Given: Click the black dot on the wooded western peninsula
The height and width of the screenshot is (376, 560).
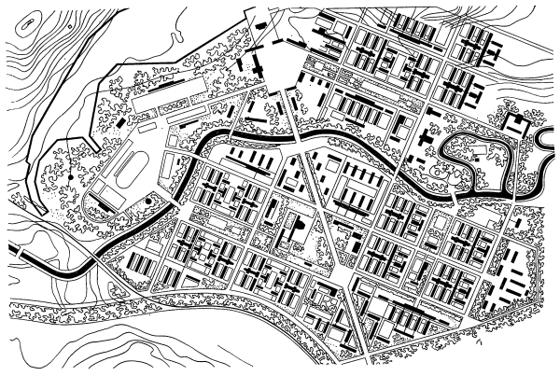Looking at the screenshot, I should click(x=70, y=175).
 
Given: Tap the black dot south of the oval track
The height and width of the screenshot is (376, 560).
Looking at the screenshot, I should click(x=148, y=200).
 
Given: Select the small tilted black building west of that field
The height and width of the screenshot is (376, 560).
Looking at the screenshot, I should click(x=119, y=122).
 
